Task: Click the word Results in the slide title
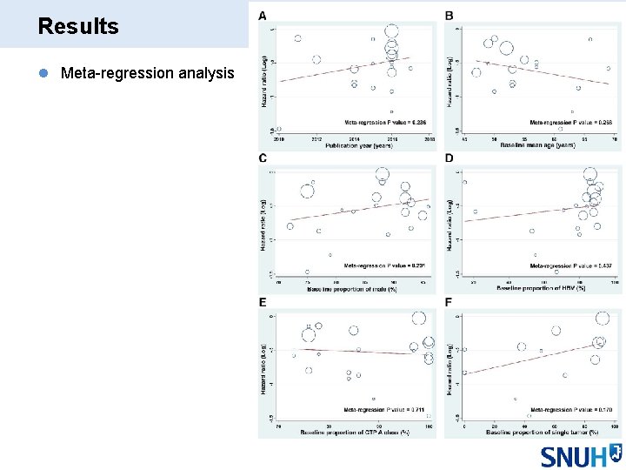click(78, 26)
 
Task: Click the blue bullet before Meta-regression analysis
click(43, 74)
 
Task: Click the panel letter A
click(263, 16)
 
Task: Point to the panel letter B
click(449, 16)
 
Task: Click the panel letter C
click(263, 158)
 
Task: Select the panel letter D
click(449, 158)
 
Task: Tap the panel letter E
click(263, 302)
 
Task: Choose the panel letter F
click(449, 302)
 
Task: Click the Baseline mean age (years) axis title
click(537, 145)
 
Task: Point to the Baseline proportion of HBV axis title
click(539, 288)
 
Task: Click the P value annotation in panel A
click(385, 122)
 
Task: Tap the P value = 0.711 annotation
click(385, 409)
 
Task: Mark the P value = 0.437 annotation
click(570, 265)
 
